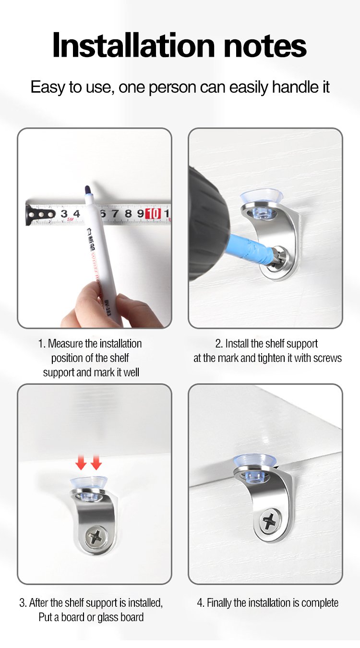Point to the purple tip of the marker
click(87, 190)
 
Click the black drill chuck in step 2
click(206, 223)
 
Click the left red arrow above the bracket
click(81, 462)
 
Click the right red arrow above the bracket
click(96, 462)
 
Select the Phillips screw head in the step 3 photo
click(96, 538)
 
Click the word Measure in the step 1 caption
click(65, 344)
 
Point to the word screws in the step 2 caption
click(327, 358)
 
